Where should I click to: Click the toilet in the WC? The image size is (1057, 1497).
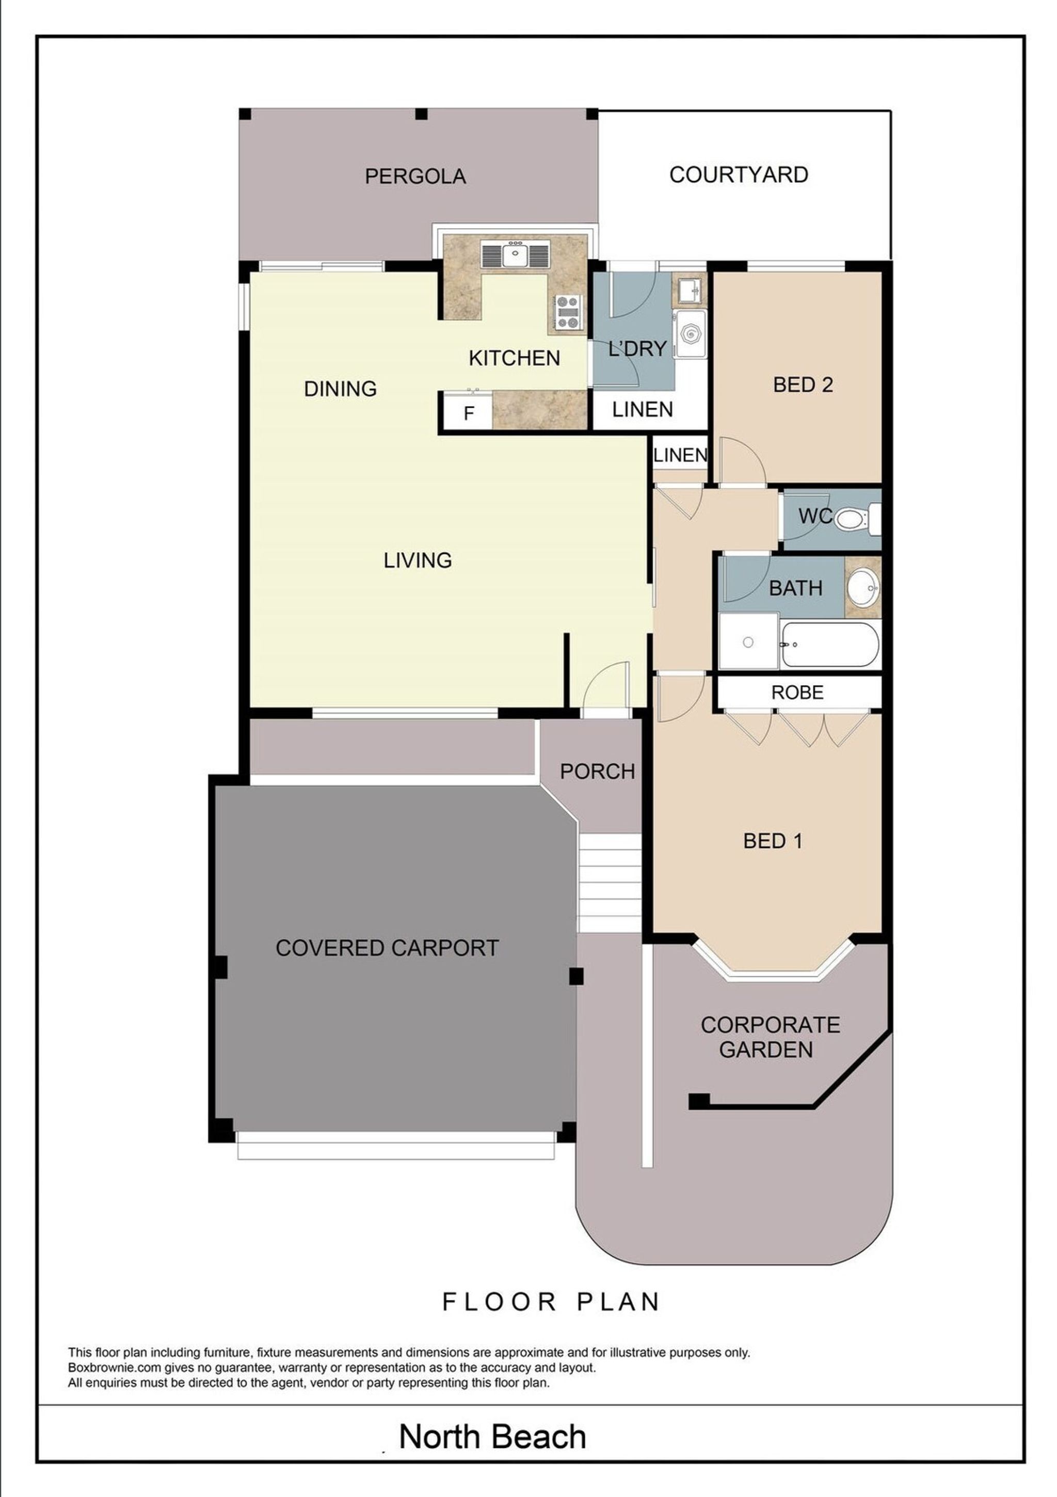click(857, 519)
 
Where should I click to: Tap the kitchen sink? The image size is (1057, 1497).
click(515, 254)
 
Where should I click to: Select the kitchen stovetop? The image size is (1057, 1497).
click(567, 312)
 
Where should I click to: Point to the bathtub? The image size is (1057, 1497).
click(830, 644)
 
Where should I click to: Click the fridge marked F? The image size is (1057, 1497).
click(468, 413)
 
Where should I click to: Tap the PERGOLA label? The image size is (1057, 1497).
click(415, 176)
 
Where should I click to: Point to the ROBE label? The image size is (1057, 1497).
click(797, 692)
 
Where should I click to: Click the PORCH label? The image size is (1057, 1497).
click(597, 771)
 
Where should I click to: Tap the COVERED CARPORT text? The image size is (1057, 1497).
click(387, 947)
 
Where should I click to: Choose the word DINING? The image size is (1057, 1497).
click(341, 389)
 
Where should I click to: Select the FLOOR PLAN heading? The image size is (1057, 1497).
click(551, 1302)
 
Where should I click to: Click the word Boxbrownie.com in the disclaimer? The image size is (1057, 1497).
click(114, 1368)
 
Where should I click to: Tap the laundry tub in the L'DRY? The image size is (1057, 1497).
click(691, 333)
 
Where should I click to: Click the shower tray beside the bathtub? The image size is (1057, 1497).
click(748, 641)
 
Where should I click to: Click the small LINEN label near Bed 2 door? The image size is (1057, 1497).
click(680, 455)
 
